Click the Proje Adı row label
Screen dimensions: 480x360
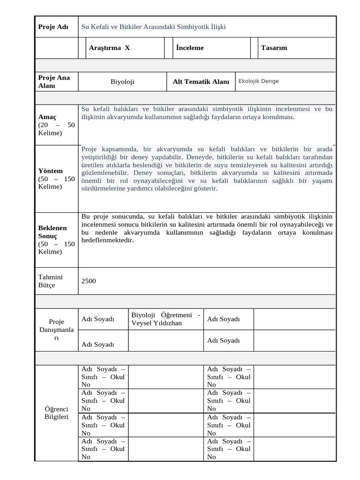[x=53, y=27]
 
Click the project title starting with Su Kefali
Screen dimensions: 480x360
[x=153, y=27]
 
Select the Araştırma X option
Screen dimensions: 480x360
[x=109, y=48]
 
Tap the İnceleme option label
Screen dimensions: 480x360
[x=190, y=48]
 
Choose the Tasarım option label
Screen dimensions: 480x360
[x=274, y=48]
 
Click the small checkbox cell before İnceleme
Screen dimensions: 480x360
[x=169, y=48]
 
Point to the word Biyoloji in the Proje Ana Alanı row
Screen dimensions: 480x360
[x=122, y=82]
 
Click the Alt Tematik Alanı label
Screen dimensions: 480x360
[x=201, y=82]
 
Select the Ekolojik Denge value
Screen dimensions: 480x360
[x=258, y=81]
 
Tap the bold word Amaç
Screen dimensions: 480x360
[x=47, y=117]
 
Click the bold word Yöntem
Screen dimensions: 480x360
[x=50, y=171]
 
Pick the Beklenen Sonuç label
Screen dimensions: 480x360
[x=52, y=232]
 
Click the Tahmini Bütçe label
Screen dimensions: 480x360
[x=50, y=281]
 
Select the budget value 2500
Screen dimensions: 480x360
[x=89, y=281]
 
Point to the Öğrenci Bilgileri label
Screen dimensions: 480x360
[x=56, y=412]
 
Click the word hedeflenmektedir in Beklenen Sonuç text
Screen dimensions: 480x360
[x=107, y=240]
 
